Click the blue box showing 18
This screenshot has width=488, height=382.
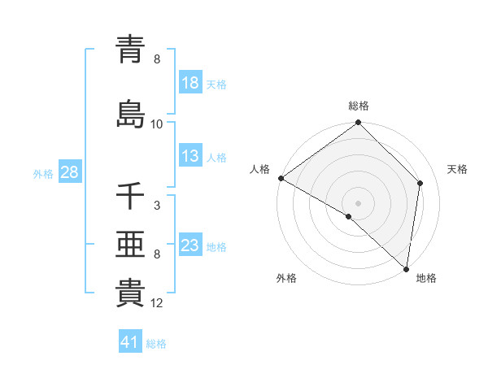click(x=190, y=83)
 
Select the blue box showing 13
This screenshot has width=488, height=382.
click(x=190, y=157)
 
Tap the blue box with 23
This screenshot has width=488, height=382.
click(x=190, y=245)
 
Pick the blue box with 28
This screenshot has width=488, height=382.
click(x=69, y=172)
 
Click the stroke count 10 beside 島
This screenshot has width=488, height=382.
click(x=157, y=124)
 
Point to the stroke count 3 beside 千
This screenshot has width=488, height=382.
click(x=157, y=206)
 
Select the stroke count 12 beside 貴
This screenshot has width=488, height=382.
click(x=157, y=304)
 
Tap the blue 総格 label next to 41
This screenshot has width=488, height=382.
click(x=156, y=344)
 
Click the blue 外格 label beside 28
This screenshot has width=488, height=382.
click(x=43, y=173)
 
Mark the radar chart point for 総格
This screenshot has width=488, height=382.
click(x=358, y=123)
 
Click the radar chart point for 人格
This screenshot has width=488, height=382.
click(x=281, y=178)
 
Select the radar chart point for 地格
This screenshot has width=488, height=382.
click(x=406, y=269)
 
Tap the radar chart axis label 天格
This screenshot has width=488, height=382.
click(x=458, y=169)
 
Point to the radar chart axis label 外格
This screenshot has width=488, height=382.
click(x=286, y=279)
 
